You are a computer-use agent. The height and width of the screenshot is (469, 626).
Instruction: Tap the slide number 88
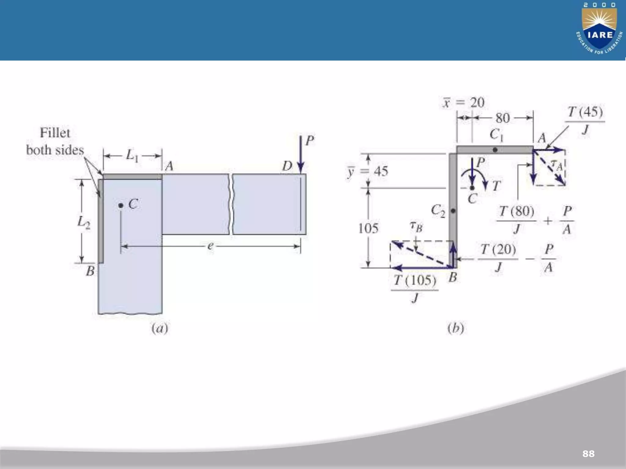click(x=588, y=453)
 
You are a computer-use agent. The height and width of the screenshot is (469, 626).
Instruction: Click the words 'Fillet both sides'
click(x=55, y=141)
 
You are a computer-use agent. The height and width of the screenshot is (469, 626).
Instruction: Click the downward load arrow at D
click(x=301, y=154)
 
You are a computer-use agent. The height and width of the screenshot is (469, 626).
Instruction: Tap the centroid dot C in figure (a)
click(x=121, y=205)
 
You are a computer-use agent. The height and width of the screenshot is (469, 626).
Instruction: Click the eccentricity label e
click(x=210, y=246)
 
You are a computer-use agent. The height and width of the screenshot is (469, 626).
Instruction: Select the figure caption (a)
click(x=160, y=328)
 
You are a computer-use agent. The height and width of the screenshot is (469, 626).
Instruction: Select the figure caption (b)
click(x=456, y=328)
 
